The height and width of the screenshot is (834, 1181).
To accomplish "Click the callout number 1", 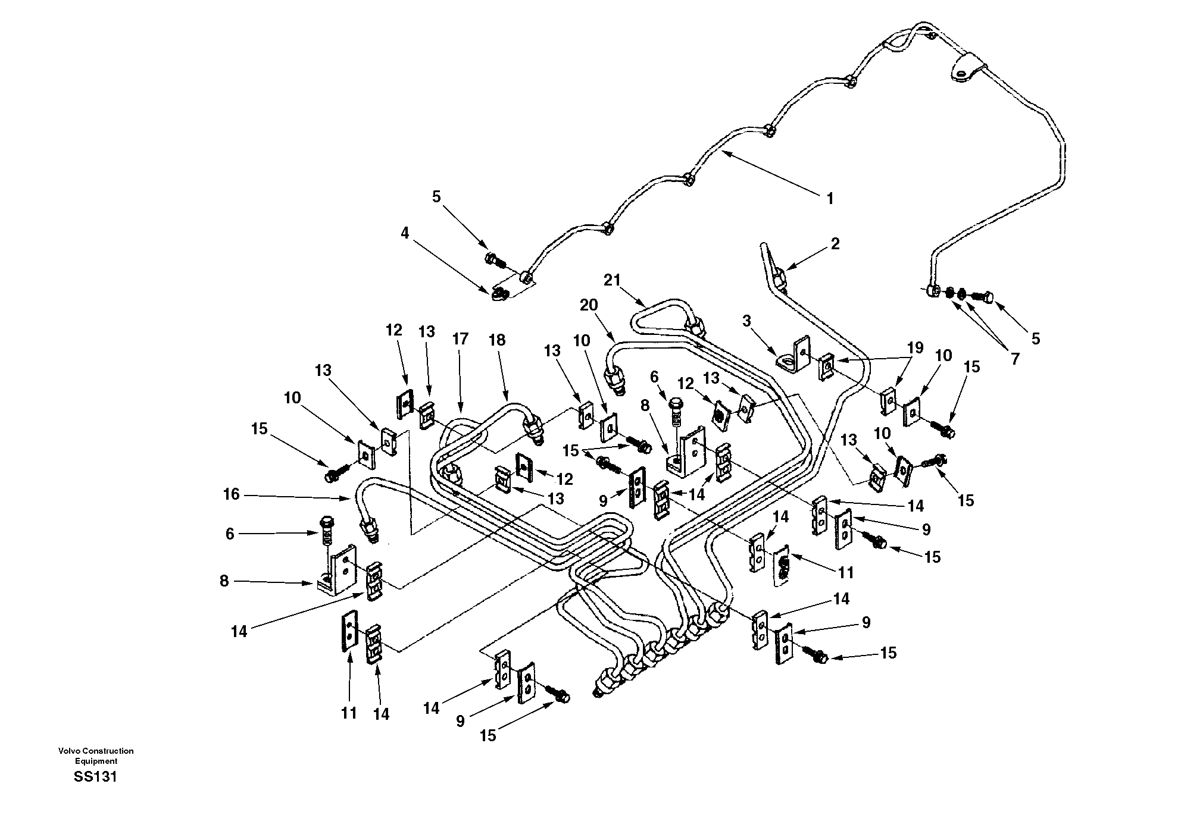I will coord(830,199).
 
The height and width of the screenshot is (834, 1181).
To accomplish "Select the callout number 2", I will coord(835,243).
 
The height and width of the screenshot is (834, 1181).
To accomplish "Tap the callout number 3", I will coord(746,322).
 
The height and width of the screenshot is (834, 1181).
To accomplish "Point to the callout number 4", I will coord(405,233).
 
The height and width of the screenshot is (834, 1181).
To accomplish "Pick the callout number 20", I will coord(589,305).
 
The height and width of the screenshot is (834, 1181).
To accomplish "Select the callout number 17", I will coord(460,339).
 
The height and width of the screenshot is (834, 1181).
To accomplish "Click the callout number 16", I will coord(231,494).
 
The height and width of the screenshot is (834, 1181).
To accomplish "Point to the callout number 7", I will coord(1014,358).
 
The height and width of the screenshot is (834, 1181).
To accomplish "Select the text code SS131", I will coord(95,777).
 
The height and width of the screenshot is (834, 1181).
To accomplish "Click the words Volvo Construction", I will coord(96,751).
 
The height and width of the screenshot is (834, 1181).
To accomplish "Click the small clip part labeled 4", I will coord(501,293).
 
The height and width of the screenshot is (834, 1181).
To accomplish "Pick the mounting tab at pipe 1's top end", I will coord(963,68).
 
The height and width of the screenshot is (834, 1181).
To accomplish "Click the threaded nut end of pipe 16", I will coord(370,528).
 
